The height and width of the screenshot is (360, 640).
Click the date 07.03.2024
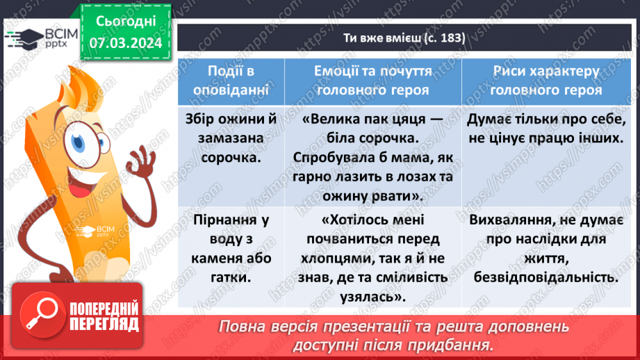point(126,42)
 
